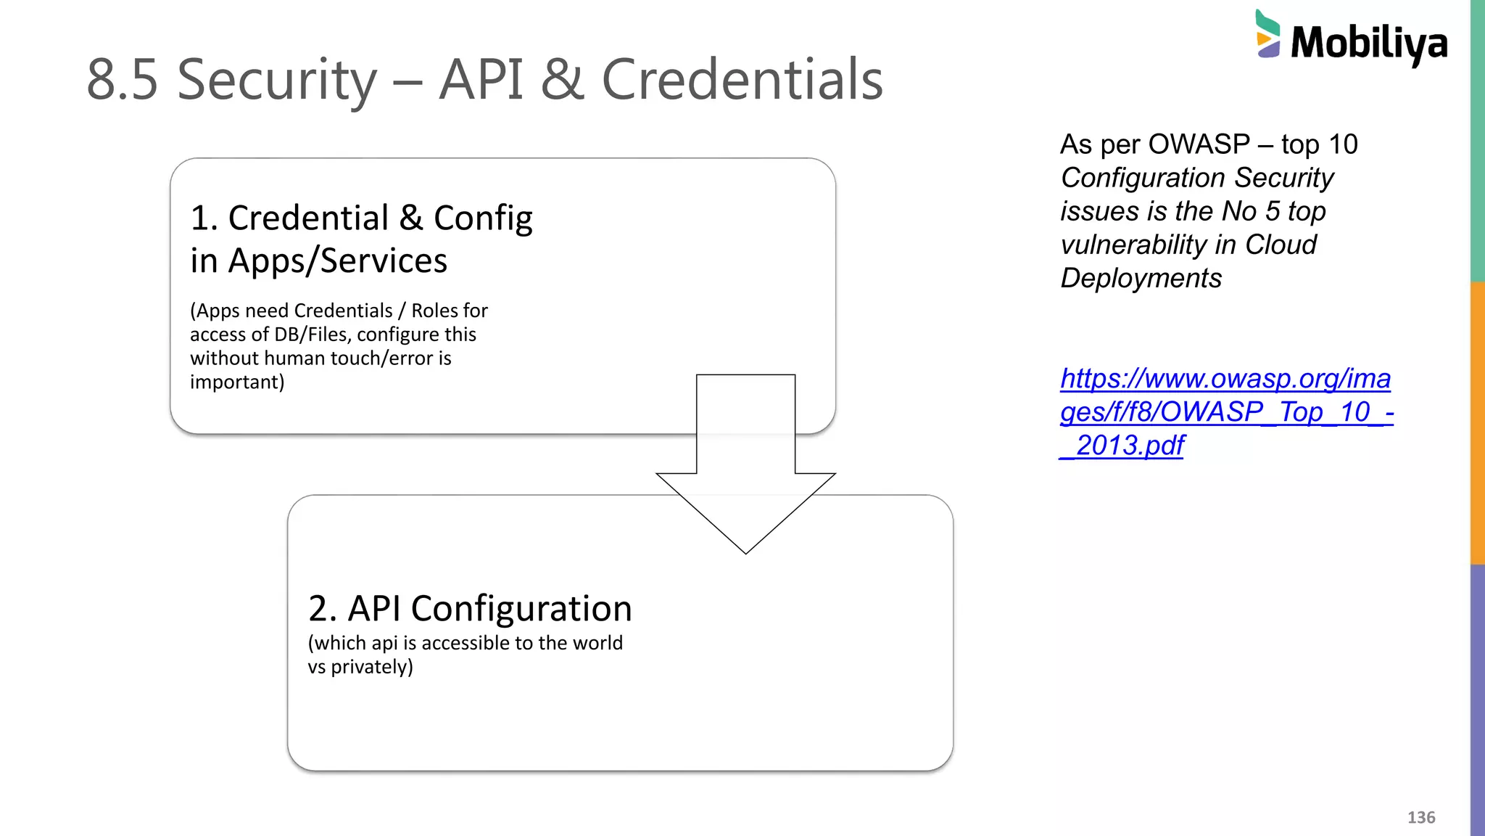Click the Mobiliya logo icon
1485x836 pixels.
coord(1267,34)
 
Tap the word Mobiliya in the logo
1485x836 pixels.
coord(1369,44)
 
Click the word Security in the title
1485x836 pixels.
coord(277,80)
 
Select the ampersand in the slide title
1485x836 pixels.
coord(561,80)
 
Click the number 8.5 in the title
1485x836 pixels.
coord(122,80)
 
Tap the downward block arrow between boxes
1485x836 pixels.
coord(745,464)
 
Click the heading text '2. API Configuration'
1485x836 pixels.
coord(470,608)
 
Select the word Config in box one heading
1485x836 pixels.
coord(483,218)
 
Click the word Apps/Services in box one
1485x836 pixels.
coord(337,261)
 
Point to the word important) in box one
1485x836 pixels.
coord(237,382)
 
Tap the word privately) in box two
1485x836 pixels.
coord(372,667)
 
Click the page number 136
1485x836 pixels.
coord(1420,817)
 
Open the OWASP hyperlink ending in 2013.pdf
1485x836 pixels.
coord(1225,411)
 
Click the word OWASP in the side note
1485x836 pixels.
coord(1199,144)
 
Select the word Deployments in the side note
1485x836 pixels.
coord(1141,278)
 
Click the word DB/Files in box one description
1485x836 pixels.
coord(310,335)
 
